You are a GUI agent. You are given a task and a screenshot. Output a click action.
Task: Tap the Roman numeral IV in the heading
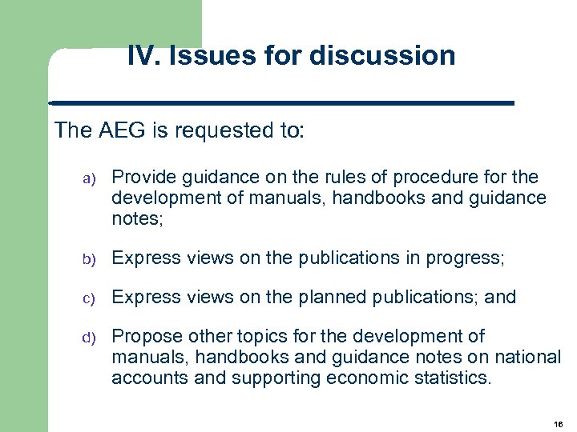(x=141, y=56)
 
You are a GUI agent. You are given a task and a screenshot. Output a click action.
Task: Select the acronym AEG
(x=118, y=130)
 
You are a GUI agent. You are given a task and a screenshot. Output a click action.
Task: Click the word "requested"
(x=220, y=130)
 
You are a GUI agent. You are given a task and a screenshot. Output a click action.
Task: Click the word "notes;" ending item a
(x=137, y=218)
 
